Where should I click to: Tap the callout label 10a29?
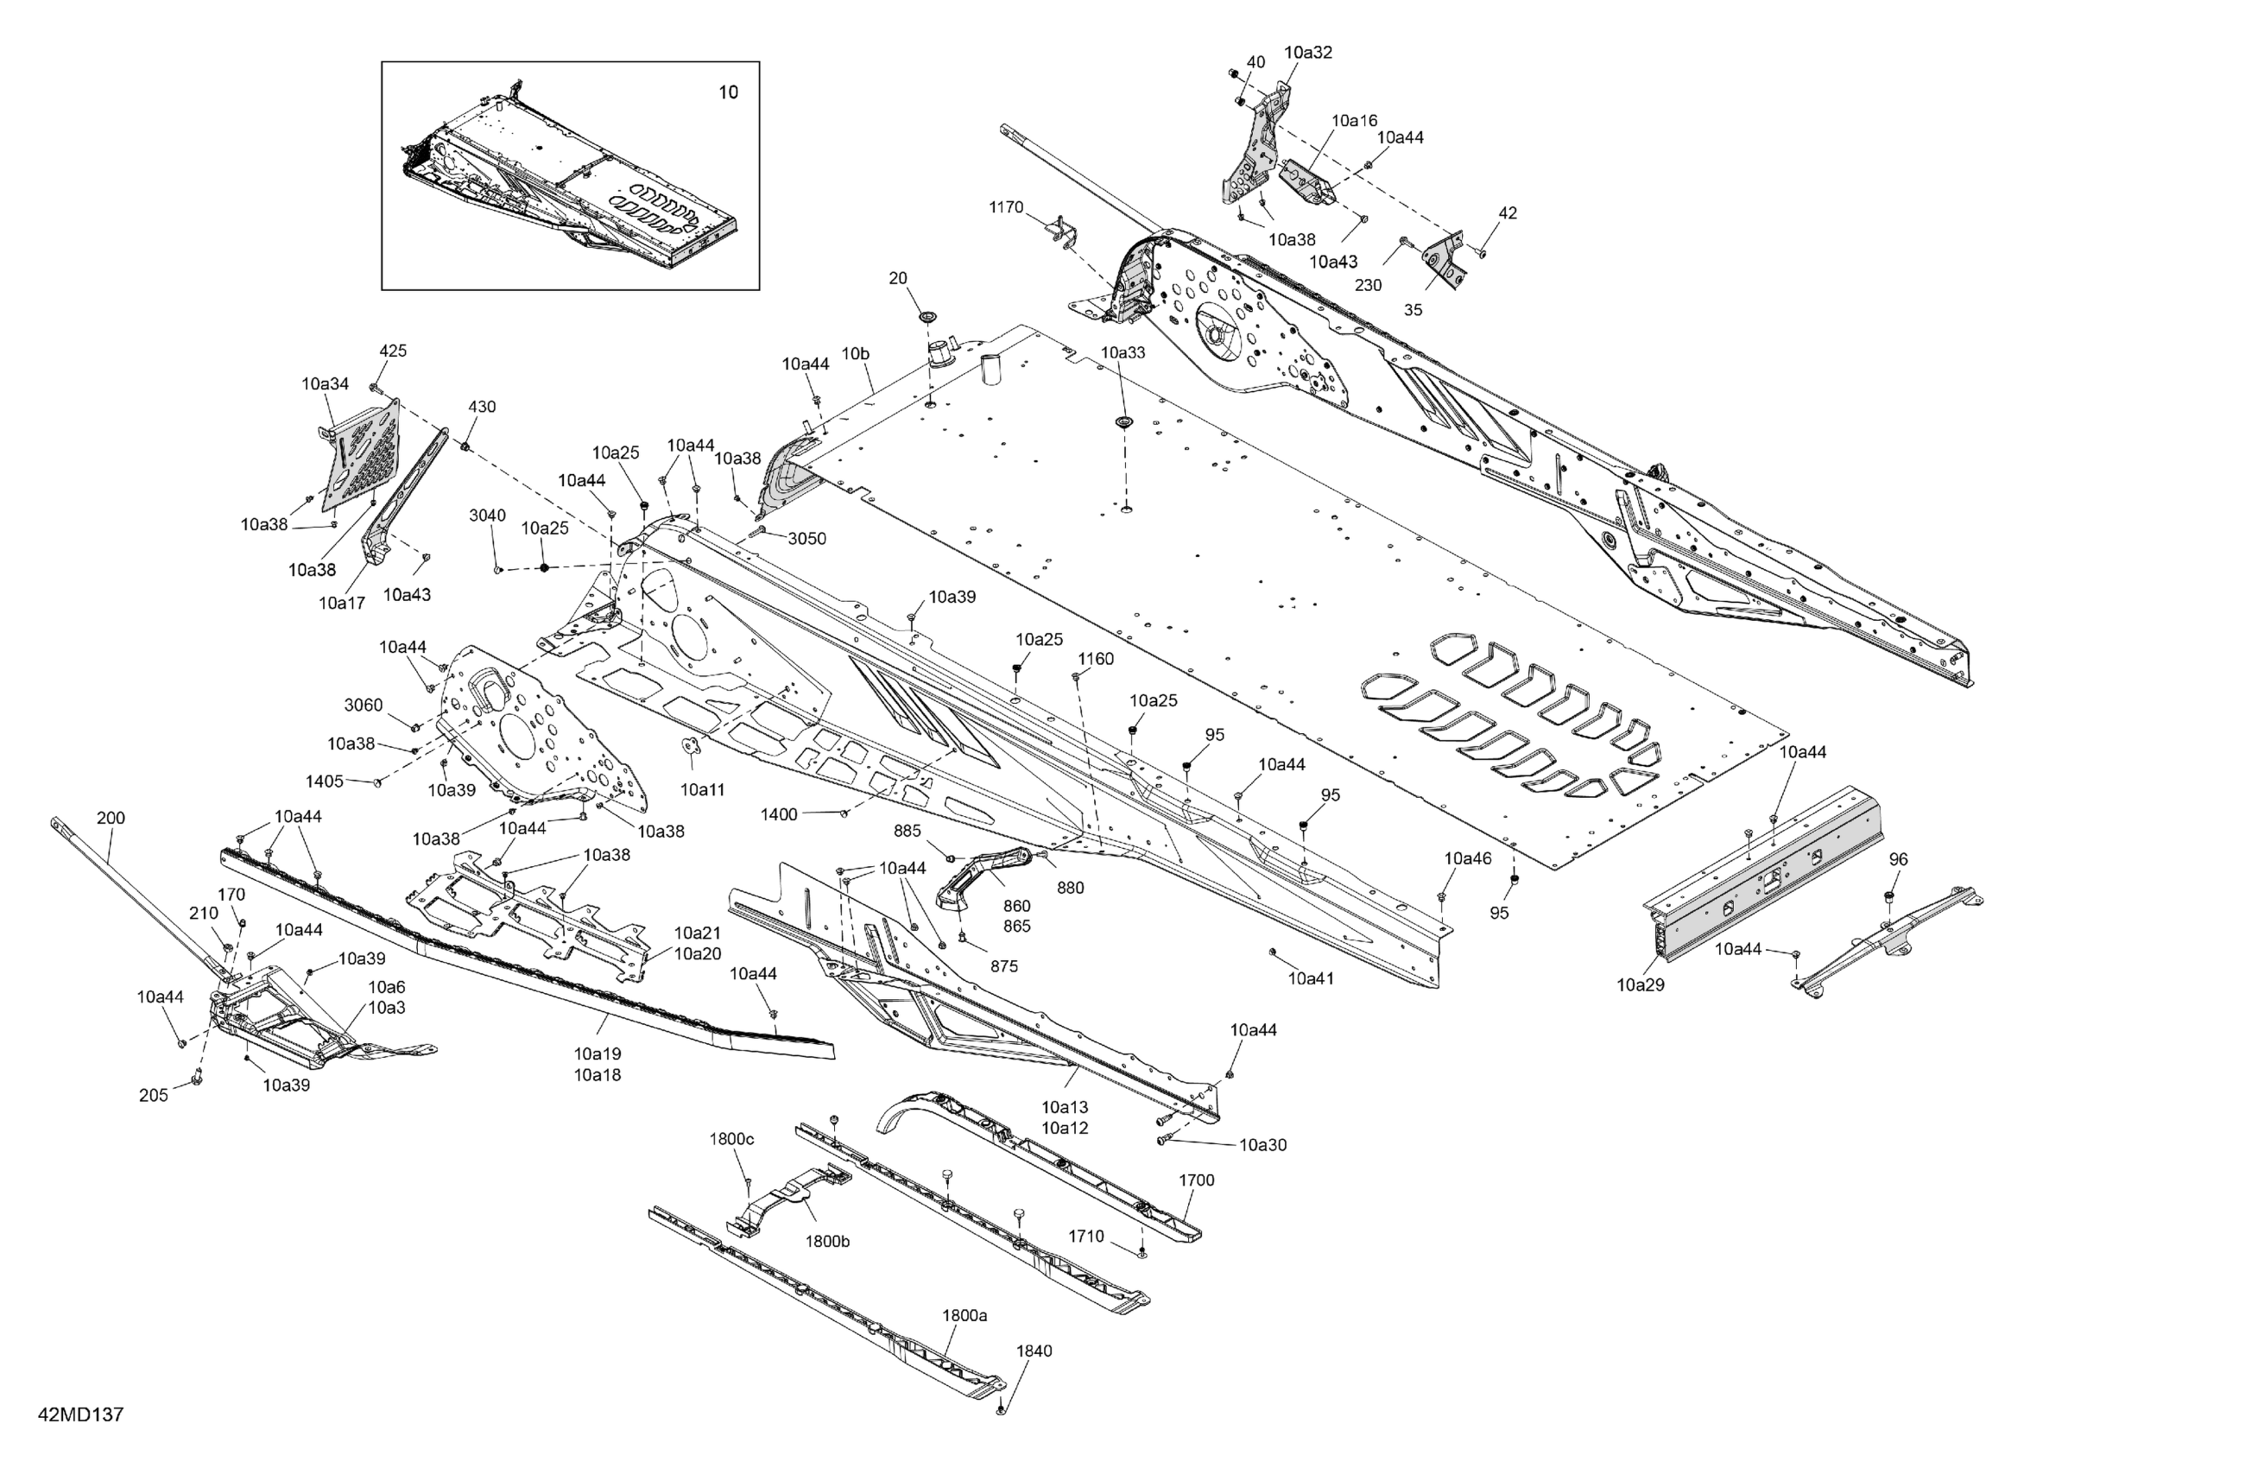(x=1640, y=985)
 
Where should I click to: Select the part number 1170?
(x=1005, y=207)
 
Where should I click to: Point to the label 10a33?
(x=1123, y=352)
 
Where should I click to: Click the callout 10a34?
(x=326, y=384)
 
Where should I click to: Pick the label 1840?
(x=1034, y=1351)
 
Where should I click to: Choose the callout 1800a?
(x=964, y=1316)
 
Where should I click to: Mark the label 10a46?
(x=1468, y=859)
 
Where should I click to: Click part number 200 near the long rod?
(x=111, y=819)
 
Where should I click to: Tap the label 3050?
(x=806, y=539)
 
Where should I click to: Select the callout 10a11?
(x=702, y=789)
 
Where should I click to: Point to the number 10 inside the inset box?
(x=728, y=92)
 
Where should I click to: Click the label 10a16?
(x=1354, y=121)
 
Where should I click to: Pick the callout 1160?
(x=1095, y=658)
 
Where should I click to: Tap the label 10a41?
(x=1311, y=978)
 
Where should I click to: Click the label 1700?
(x=1196, y=1180)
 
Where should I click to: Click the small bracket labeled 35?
(x=1451, y=261)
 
